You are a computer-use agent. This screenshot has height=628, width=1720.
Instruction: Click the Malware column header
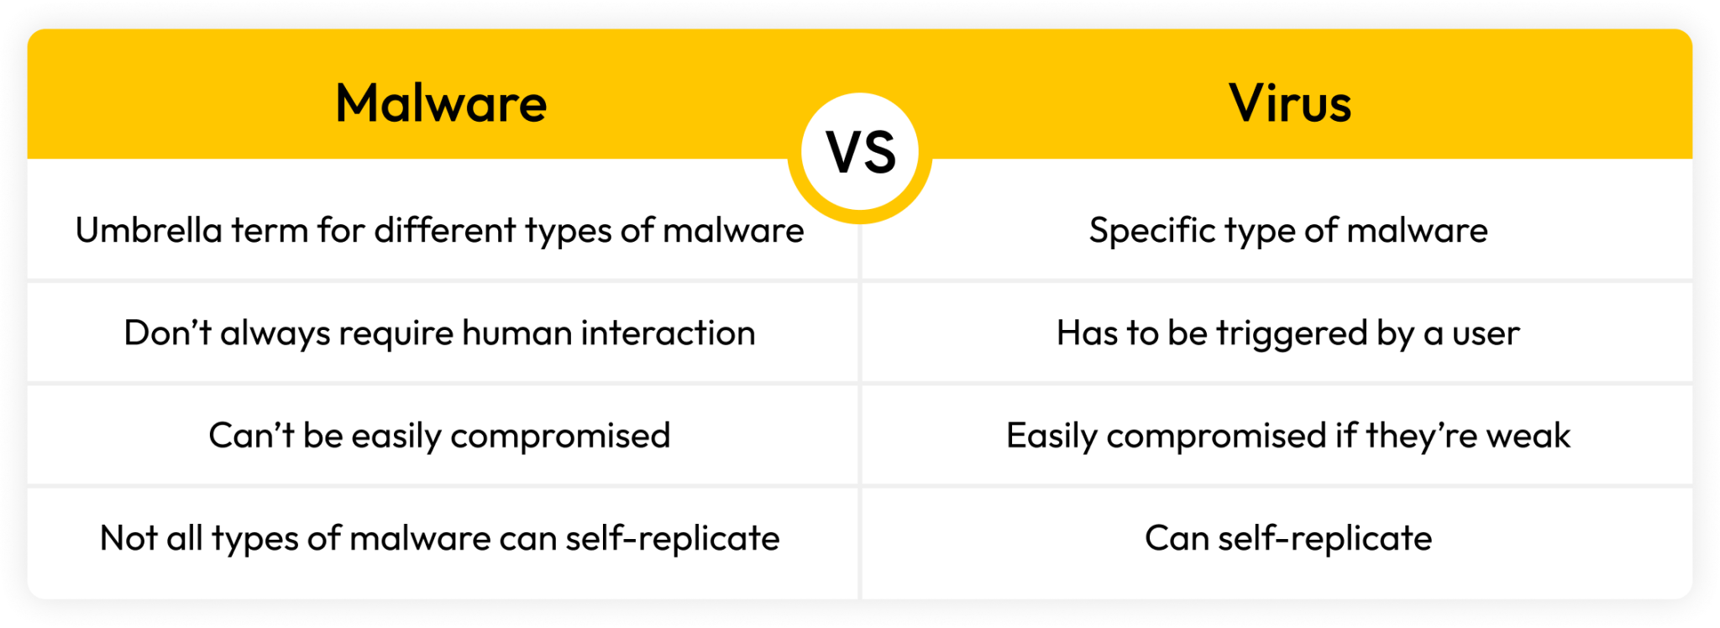pos(441,103)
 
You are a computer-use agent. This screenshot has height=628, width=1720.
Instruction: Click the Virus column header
pos(1290,103)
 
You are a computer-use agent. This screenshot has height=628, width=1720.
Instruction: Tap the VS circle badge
pos(860,153)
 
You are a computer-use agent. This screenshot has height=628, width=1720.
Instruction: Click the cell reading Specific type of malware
pos(1287,231)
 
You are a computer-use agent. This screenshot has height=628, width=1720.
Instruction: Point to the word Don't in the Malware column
pos(167,333)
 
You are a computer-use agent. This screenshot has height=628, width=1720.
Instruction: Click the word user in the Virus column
pos(1486,333)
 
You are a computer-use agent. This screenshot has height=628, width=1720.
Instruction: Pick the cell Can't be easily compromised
pos(439,436)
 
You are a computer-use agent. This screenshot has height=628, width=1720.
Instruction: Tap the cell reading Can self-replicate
pos(1287,538)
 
